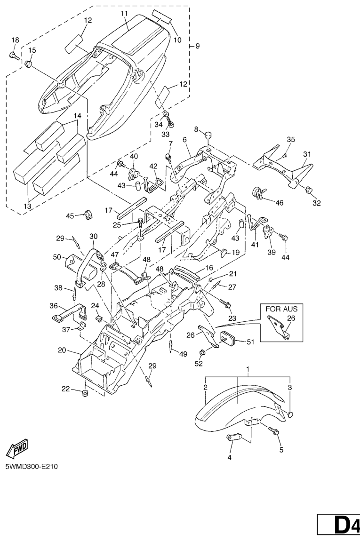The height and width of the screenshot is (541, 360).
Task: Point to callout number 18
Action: coord(15,40)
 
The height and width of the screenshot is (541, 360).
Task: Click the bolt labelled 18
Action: coord(13,56)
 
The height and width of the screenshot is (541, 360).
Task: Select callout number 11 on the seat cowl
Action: coord(124,14)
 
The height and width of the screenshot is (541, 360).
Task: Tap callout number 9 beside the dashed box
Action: coord(198,46)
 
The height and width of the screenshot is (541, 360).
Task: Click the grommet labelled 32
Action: coord(309,190)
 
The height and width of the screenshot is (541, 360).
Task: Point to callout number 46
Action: coord(279,203)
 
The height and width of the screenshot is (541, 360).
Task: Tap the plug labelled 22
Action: coord(86,392)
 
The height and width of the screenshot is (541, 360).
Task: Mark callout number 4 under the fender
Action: coord(230,456)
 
